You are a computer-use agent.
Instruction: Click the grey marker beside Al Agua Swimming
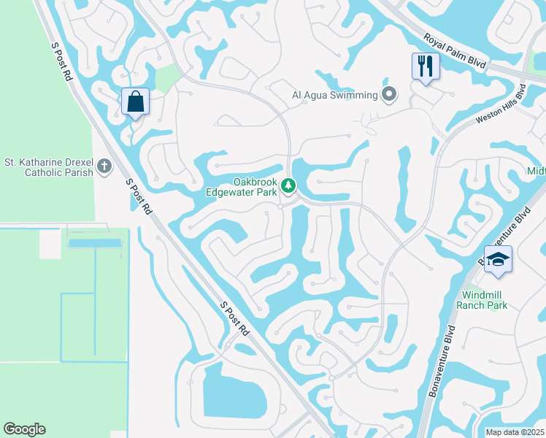click(x=389, y=94)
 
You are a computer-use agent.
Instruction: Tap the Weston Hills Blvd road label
click(x=500, y=107)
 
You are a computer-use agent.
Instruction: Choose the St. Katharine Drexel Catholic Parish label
click(x=49, y=167)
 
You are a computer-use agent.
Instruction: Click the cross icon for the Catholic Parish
click(x=104, y=167)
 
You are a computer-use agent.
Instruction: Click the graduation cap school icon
click(x=498, y=260)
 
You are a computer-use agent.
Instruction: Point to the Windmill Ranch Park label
click(x=482, y=300)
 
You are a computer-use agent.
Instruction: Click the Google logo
click(x=24, y=429)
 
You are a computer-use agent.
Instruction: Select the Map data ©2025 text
click(x=514, y=432)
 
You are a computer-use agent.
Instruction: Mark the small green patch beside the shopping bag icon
click(x=167, y=76)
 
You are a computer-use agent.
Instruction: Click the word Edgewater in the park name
click(x=255, y=192)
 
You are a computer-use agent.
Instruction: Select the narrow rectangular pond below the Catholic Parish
click(x=93, y=243)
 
